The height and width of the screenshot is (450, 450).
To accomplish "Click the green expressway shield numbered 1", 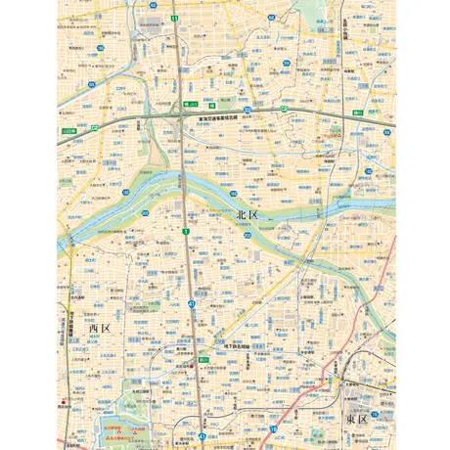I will pyautogui.click(x=184, y=231).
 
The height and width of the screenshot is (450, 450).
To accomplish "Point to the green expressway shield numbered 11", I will pyautogui.click(x=174, y=19).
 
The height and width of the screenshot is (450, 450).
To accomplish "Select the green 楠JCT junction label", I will pyautogui.click(x=191, y=102).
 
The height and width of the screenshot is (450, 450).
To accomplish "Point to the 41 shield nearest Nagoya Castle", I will pyautogui.click(x=202, y=436).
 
